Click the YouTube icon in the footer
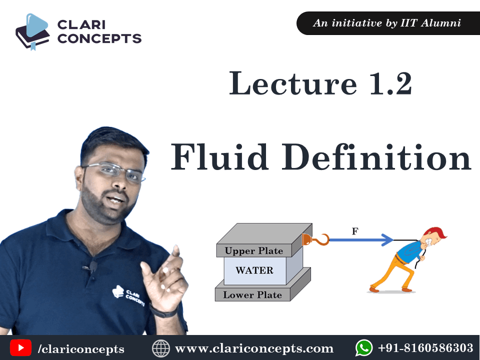coord(20,348)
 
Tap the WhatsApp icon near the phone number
coord(364,348)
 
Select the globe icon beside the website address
coord(160,348)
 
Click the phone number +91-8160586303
coord(426,348)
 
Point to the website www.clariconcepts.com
coord(254,348)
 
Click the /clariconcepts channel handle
coord(81,348)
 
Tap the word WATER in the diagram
coord(254,270)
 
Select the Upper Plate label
coord(254,250)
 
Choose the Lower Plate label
coord(252,295)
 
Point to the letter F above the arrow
coord(355,231)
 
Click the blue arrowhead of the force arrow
coord(387,239)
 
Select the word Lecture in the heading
coord(293,83)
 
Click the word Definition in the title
coord(376,156)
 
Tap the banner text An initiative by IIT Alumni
coord(387,23)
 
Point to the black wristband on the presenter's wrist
coord(164,312)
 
